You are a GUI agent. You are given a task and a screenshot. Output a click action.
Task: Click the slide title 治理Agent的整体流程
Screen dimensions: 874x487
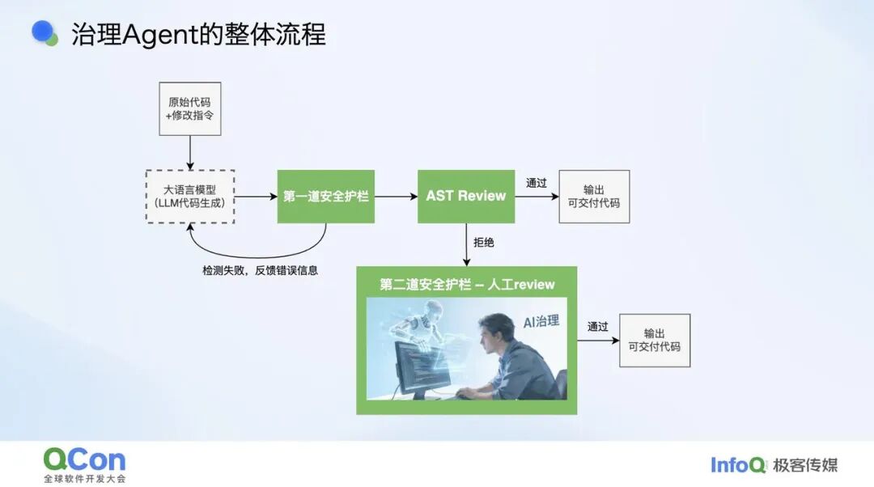tap(198, 34)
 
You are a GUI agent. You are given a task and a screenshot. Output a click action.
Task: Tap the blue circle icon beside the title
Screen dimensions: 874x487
tap(43, 32)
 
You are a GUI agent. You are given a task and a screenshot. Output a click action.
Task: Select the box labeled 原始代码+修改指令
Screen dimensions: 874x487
tap(190, 108)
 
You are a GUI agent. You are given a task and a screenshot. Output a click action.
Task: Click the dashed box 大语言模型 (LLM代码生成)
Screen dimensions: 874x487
tap(190, 197)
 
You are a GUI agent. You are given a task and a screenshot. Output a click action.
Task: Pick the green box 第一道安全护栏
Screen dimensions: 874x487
tap(326, 196)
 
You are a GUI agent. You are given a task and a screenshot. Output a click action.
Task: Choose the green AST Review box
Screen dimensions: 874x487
tap(466, 196)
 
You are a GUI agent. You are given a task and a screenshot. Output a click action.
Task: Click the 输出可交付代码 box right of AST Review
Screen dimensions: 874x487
tap(594, 197)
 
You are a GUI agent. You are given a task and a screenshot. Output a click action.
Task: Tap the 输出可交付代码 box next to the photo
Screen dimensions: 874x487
tap(655, 341)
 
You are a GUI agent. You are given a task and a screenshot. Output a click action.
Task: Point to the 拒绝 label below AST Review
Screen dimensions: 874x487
tap(484, 243)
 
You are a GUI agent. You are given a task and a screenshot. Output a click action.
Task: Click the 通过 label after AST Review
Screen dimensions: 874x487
tap(537, 183)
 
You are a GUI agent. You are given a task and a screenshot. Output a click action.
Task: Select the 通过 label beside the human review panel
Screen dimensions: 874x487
tap(597, 327)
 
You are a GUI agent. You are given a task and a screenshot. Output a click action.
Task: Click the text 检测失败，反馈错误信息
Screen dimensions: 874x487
tap(261, 270)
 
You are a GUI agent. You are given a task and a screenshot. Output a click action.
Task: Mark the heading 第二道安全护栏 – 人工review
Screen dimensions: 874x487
tap(467, 285)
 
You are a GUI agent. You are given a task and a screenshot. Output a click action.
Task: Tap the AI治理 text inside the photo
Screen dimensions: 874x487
tap(541, 321)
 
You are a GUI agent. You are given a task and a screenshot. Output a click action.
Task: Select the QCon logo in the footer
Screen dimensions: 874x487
tap(85, 464)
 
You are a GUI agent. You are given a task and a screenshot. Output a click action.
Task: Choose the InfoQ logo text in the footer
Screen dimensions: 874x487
tap(738, 464)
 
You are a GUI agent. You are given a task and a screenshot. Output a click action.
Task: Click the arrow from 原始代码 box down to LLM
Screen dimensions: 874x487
tap(190, 153)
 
